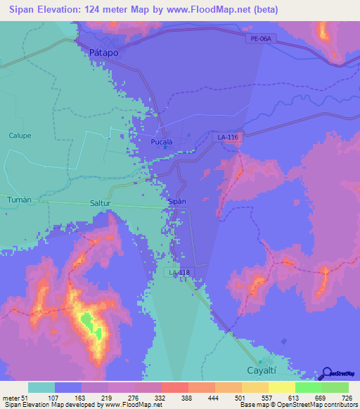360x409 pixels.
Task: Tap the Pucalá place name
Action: tap(163, 141)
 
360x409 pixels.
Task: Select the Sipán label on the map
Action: tap(177, 201)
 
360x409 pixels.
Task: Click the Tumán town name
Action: tap(19, 200)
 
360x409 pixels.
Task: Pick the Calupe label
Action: tap(20, 136)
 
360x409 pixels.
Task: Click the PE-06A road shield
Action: tap(259, 39)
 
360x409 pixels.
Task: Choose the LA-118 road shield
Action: tap(179, 272)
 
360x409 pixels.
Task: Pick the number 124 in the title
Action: tap(105, 10)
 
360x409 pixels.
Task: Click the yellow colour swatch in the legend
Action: tap(281, 388)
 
